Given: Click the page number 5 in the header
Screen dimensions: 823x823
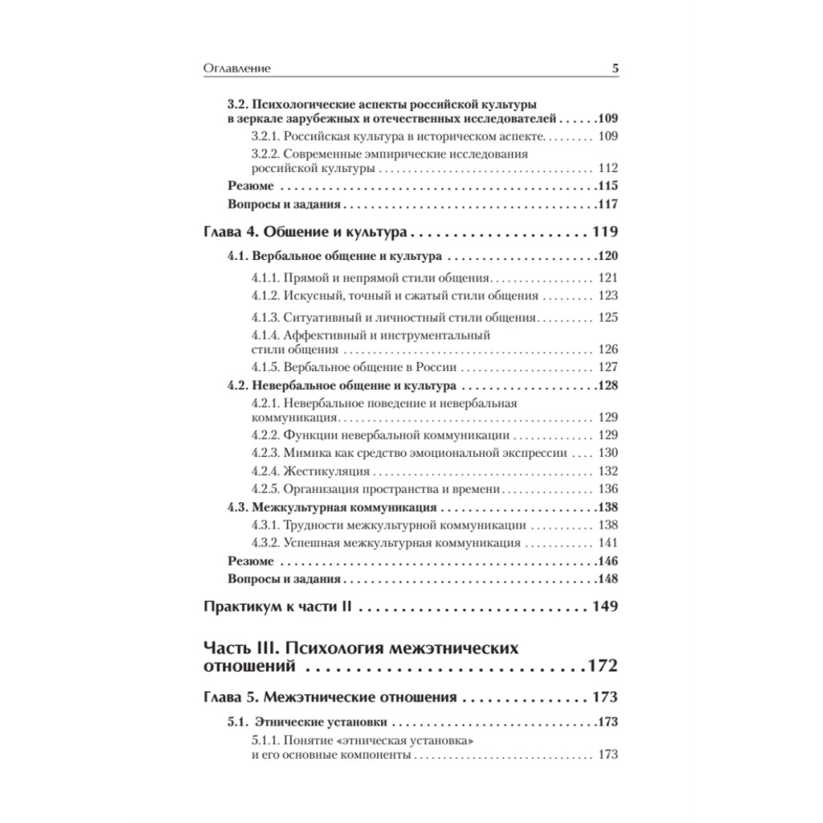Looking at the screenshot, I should (615, 68).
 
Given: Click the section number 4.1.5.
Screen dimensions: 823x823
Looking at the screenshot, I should (266, 368).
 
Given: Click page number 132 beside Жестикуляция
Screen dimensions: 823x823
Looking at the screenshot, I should (608, 472).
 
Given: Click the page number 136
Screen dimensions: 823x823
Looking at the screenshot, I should (608, 489).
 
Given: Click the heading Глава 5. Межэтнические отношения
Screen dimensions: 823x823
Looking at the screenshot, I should (329, 697).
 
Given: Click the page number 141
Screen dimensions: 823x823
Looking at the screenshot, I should (608, 542).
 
